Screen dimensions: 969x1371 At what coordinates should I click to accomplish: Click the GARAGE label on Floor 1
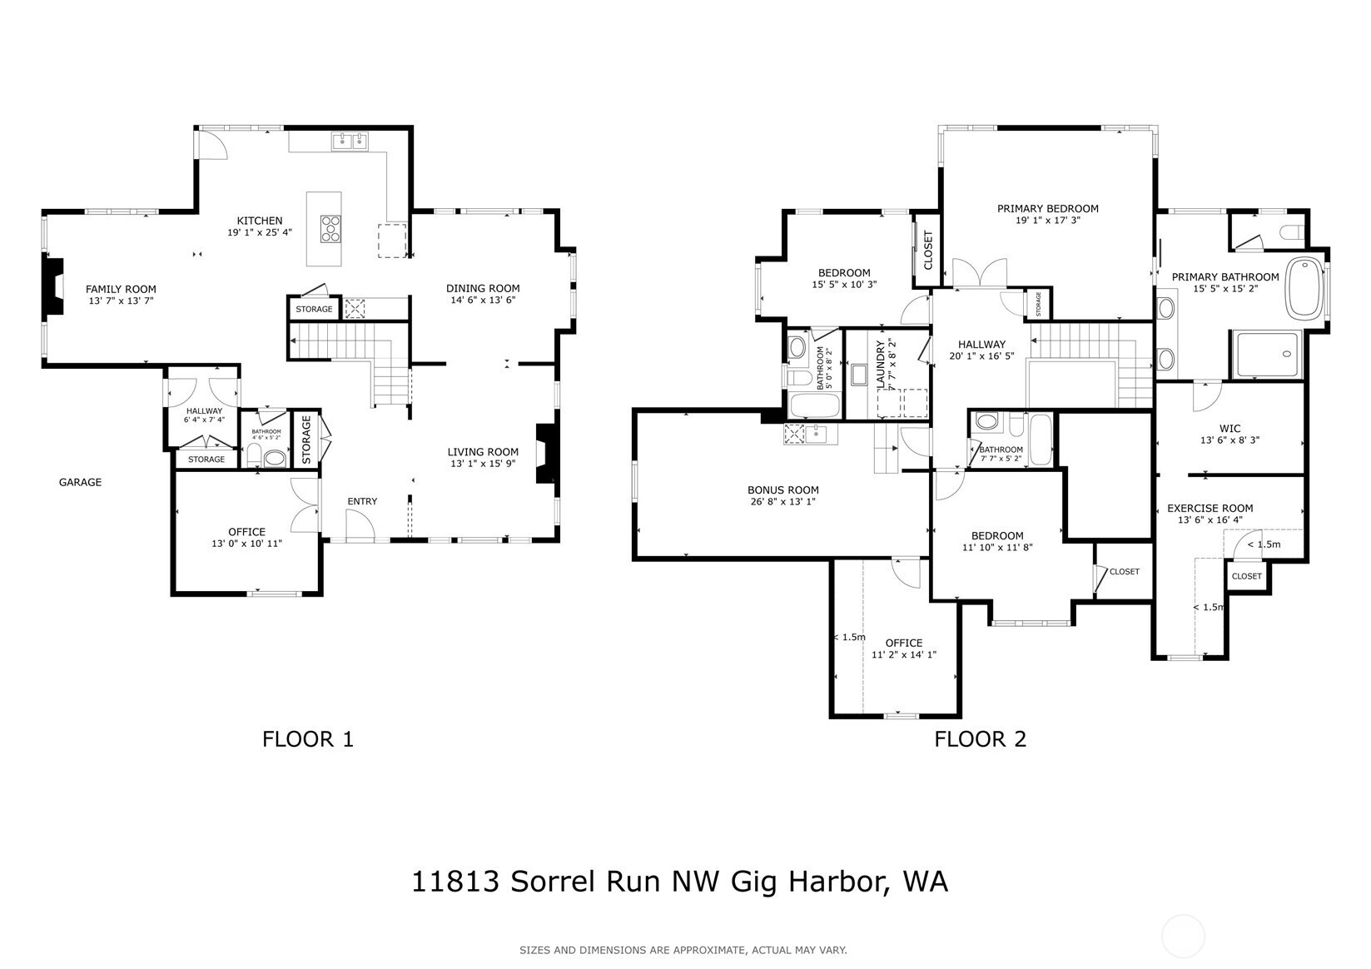pos(80,482)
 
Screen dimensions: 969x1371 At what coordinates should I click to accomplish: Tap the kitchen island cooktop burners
pos(331,228)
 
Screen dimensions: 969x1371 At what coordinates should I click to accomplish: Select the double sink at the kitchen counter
pos(350,142)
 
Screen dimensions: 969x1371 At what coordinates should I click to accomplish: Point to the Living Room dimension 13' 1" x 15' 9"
pos(483,464)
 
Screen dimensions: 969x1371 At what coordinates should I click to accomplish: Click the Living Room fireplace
pos(546,454)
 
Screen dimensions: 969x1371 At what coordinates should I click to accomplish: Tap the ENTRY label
pos(362,501)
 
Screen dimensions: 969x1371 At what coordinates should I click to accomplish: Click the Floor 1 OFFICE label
pos(246,532)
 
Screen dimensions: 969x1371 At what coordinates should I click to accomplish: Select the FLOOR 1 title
pos(308,738)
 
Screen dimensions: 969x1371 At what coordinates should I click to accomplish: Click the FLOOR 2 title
pos(980,738)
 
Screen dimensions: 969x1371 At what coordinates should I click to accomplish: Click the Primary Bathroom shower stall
pos(1268,356)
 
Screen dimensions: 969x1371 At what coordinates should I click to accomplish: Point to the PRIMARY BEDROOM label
pos(1047,209)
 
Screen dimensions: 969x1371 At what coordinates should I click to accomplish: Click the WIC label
pos(1229,429)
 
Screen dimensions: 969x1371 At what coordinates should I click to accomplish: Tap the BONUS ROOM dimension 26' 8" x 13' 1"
pos(782,501)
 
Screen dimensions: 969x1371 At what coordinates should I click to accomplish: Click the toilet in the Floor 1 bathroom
pos(274,458)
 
